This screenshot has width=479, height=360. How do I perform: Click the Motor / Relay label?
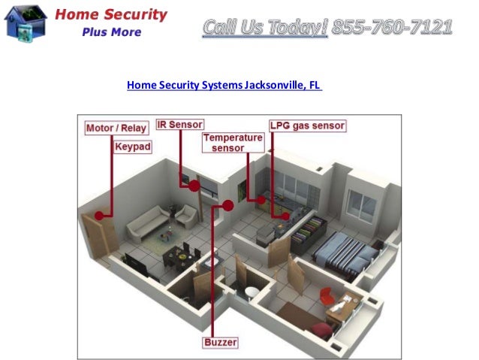pos(116,128)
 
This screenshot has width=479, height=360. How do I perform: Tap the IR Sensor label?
pos(179,125)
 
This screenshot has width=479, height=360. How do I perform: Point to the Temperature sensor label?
pos(233,143)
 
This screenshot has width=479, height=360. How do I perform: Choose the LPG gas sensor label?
pos(307,126)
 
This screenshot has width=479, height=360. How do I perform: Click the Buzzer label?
pos(220,343)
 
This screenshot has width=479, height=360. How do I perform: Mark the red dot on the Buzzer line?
pos(228,205)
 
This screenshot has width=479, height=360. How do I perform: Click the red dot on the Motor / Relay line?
pos(98,216)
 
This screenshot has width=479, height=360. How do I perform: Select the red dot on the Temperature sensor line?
pos(261,200)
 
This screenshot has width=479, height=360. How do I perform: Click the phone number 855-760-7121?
pos(392,28)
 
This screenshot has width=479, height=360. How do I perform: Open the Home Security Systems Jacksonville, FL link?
pos(224,85)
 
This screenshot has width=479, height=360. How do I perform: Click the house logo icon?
pos(25,22)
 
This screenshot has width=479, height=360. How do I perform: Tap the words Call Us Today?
pos(265,28)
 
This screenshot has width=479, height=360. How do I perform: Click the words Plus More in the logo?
pos(113,32)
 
